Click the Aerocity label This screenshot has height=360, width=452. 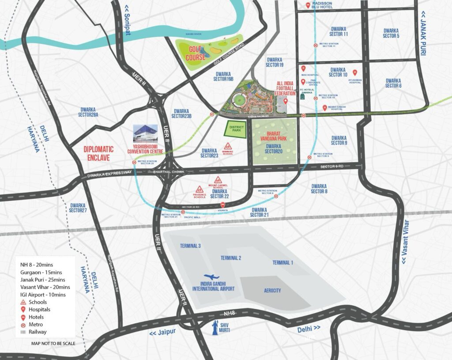tap(272, 290)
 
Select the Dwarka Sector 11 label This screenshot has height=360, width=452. tap(339, 31)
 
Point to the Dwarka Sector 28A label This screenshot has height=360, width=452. tap(90, 112)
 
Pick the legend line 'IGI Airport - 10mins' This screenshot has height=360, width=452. tap(43, 295)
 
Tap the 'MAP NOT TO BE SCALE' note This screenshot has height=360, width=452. tap(53, 343)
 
